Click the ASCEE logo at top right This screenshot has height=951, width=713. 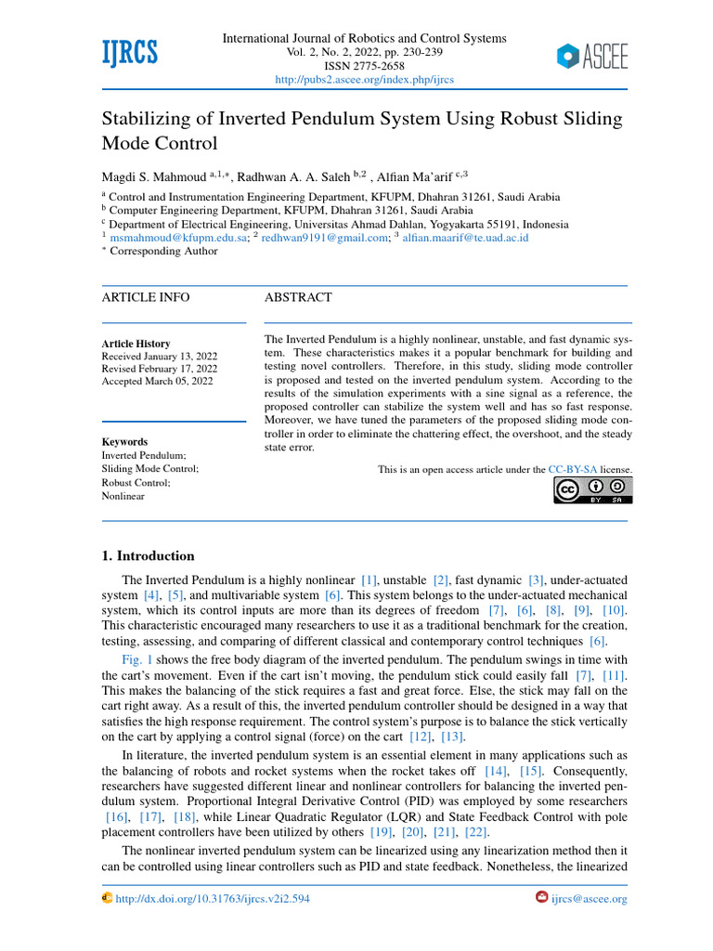(x=592, y=57)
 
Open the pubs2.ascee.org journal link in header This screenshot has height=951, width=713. (x=365, y=80)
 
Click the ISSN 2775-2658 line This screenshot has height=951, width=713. (x=365, y=66)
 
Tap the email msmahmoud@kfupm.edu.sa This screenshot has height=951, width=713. (x=179, y=238)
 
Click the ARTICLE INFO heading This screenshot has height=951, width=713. (x=145, y=297)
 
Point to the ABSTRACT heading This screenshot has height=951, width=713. (x=297, y=297)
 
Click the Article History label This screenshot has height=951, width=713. (x=136, y=344)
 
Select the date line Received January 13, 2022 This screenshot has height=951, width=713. (x=159, y=357)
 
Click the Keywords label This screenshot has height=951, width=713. (x=124, y=442)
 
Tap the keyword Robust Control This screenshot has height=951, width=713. (x=136, y=483)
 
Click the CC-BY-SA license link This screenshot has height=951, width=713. (x=576, y=470)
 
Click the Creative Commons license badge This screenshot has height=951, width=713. (x=592, y=490)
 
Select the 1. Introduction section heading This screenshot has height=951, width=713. (x=148, y=556)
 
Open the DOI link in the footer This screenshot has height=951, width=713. (x=212, y=899)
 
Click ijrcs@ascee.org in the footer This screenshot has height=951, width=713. (x=589, y=899)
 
